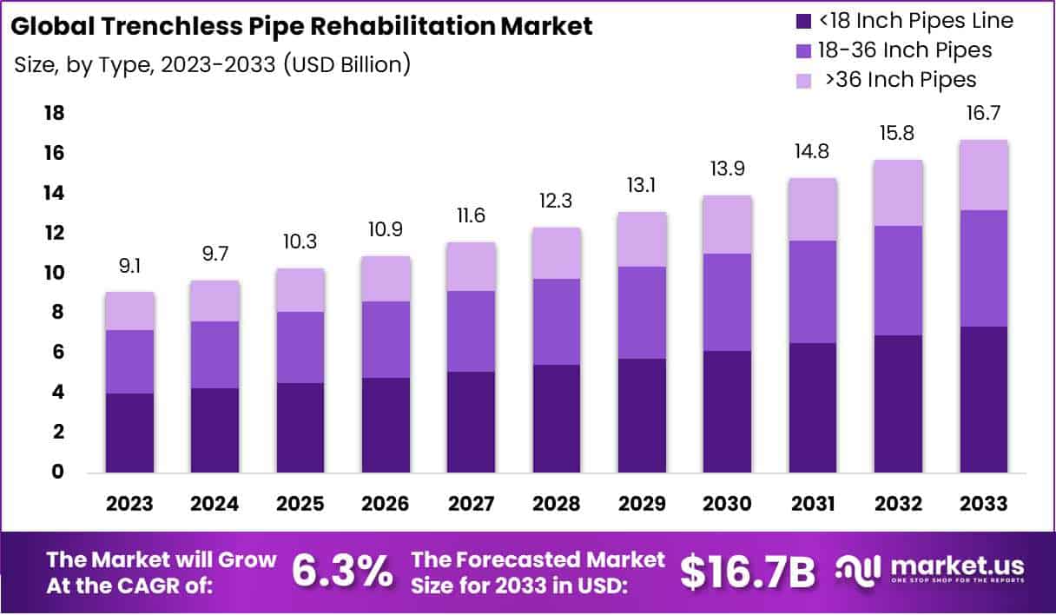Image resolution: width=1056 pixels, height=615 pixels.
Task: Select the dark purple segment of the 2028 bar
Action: (557, 419)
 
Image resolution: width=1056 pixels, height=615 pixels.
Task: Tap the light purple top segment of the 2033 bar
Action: (984, 175)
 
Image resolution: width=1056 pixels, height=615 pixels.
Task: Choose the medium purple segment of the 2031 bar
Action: (812, 292)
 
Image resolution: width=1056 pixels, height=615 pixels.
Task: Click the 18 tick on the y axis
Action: (53, 113)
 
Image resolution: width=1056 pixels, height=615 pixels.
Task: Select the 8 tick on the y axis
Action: (58, 312)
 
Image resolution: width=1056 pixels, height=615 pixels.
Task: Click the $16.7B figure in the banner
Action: (748, 570)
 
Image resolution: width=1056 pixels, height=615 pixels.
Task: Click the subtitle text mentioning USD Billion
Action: (213, 64)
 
